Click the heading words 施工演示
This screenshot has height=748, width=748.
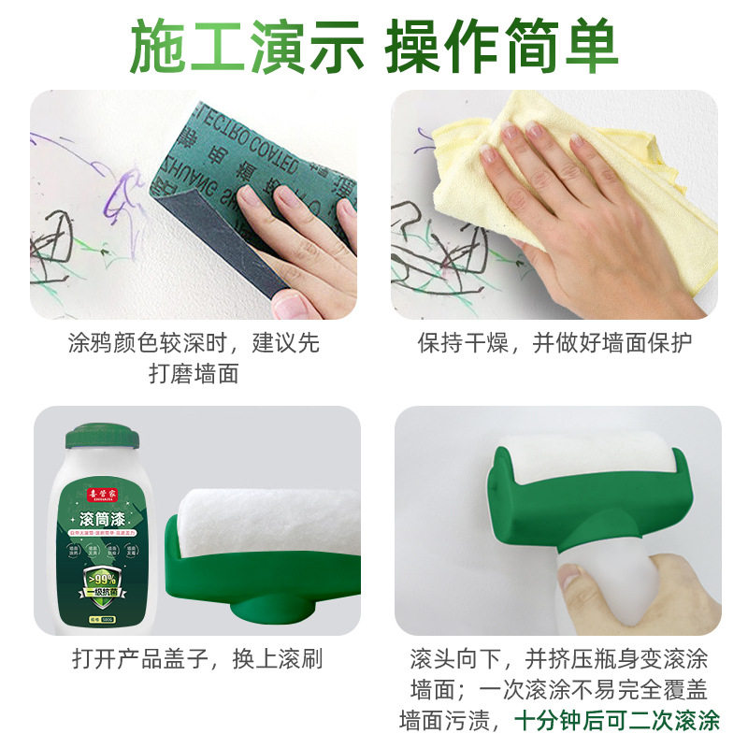click(245, 47)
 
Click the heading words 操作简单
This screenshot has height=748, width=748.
click(502, 47)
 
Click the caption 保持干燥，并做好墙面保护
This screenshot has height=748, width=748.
click(554, 343)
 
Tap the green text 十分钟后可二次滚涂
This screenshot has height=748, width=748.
click(617, 721)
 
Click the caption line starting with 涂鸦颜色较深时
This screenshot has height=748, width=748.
click(194, 343)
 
